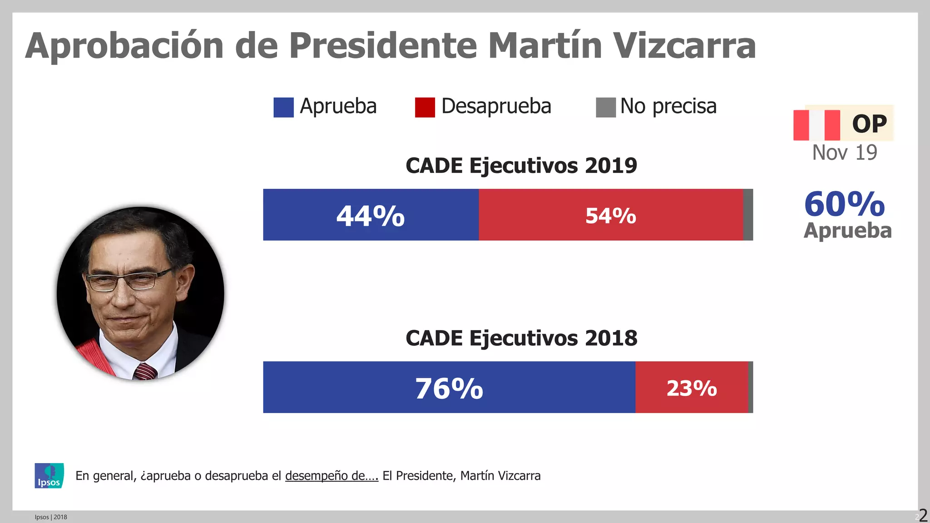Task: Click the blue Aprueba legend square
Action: point(283,108)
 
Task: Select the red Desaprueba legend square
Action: point(425,108)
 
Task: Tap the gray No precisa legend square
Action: point(606,108)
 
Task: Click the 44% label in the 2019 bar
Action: point(371,216)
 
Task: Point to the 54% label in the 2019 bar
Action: point(611,216)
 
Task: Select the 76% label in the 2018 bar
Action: point(449,389)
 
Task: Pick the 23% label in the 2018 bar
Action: point(692,389)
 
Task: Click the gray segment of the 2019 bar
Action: point(748,215)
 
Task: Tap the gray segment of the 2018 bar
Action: point(751,387)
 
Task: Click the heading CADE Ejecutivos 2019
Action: point(521,165)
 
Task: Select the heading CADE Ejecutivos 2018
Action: point(521,338)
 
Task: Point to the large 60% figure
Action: point(845,204)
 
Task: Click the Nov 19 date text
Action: point(845,153)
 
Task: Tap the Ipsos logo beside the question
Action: point(49,476)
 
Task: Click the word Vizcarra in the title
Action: point(684,45)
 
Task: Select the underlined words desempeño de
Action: point(331,476)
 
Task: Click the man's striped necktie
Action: point(145,371)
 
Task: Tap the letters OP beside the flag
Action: point(870,123)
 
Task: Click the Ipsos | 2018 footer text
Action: point(51,517)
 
